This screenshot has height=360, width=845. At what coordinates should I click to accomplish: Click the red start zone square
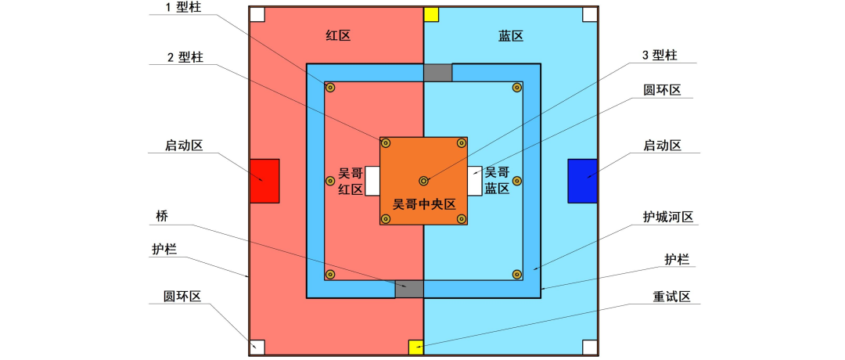264,181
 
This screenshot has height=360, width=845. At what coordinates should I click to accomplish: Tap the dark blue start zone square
582,181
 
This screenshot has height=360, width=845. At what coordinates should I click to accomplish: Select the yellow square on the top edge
430,14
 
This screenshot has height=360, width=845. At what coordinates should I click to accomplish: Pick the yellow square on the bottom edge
416,347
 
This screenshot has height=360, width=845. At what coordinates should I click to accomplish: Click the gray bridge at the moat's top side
437,73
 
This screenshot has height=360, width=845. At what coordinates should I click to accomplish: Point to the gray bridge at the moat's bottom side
408,288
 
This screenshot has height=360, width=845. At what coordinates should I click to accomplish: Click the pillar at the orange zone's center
423,181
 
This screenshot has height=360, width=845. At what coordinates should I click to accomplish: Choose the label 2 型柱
185,58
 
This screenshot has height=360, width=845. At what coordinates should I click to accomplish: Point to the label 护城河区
666,217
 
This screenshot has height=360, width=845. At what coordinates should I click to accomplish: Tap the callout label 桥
162,214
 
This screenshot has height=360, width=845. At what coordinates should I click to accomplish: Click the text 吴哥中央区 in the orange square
423,205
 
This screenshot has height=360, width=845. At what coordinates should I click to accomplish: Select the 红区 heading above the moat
336,35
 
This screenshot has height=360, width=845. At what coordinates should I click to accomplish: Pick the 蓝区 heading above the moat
510,35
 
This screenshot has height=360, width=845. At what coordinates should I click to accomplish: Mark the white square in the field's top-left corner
257,14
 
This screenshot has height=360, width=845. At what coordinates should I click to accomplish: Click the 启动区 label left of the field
184,146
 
